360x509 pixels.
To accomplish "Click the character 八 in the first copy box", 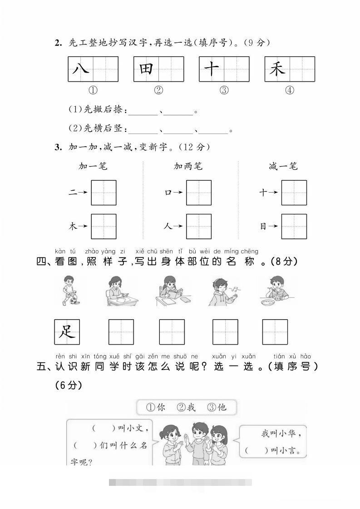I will [80, 69].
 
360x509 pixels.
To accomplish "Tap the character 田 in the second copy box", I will [146, 69].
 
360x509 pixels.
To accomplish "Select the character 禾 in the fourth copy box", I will [277, 69].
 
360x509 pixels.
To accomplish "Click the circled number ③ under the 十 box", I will [224, 90].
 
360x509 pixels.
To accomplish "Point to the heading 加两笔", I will [188, 166].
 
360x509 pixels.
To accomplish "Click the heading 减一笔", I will [283, 166].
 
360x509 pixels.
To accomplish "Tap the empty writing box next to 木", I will [104, 226].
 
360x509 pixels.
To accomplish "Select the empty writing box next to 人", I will [199, 226].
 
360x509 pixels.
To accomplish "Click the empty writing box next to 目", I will [294, 226].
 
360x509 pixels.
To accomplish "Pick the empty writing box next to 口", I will [199, 193].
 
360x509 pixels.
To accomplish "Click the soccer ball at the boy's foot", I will [72, 301].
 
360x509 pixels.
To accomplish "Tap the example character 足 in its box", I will [67, 332].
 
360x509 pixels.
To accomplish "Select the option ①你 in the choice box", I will [156, 407].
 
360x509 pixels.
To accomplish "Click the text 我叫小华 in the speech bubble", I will [281, 433].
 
